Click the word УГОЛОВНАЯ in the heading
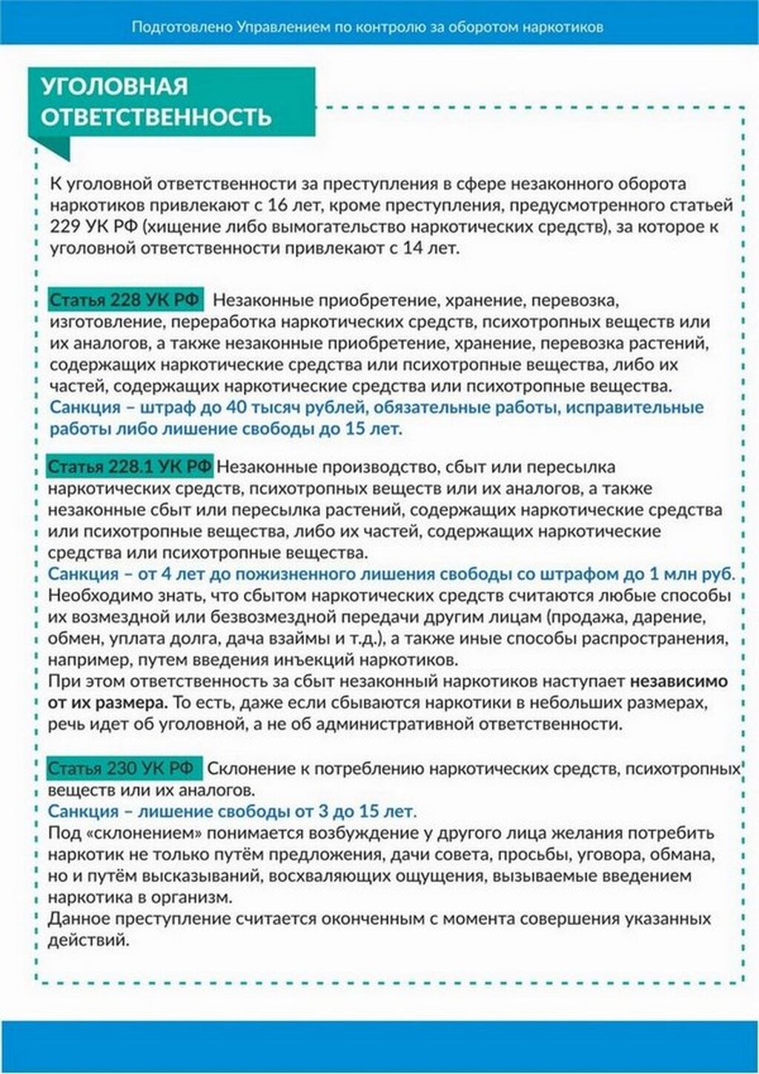[114, 86]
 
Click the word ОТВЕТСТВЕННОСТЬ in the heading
[156, 117]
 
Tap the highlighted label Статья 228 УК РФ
[125, 300]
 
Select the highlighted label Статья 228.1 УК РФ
[130, 466]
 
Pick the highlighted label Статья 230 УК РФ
[124, 768]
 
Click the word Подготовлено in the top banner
[183, 27]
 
